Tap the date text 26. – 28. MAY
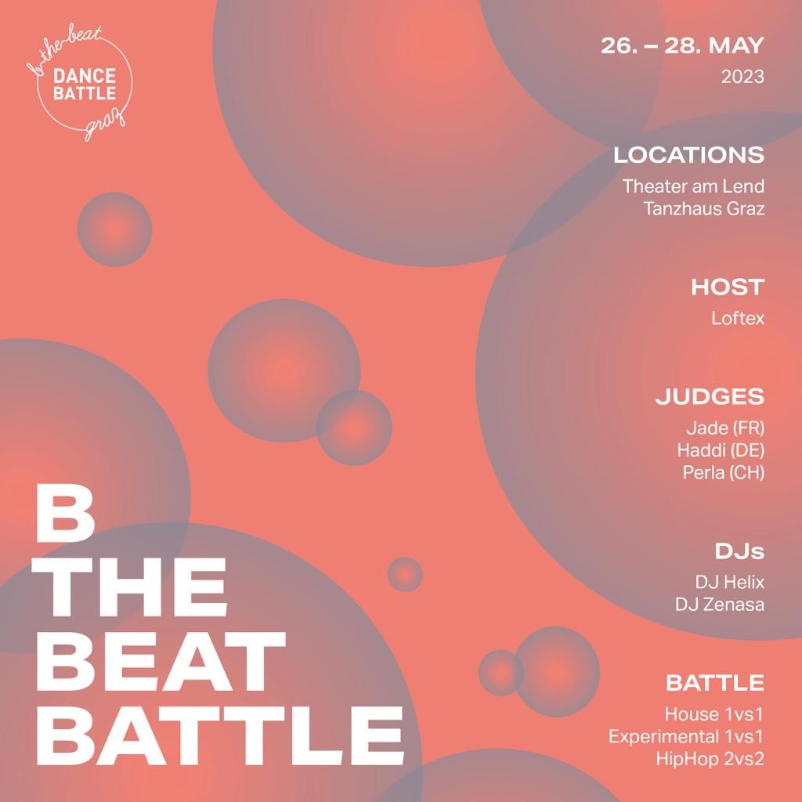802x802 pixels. pos(682,45)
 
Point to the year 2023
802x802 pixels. pos(742,77)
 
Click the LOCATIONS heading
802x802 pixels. pos(688,155)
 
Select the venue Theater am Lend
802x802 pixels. pos(693,186)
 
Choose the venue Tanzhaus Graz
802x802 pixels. pos(704,208)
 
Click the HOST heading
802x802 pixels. pos(728,287)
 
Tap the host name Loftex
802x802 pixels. pos(738,318)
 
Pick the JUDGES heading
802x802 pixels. pos(710,397)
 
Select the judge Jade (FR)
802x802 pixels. pos(725,428)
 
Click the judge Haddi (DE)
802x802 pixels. pos(721,450)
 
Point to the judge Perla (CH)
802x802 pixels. pos(723,472)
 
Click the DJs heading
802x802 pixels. pos(739,551)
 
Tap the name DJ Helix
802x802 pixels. pos(729,582)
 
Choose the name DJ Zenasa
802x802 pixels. pos(720,605)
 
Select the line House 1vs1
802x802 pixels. pos(714,714)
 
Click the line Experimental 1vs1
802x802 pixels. pos(686,736)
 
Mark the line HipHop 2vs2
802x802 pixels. pos(710,758)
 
